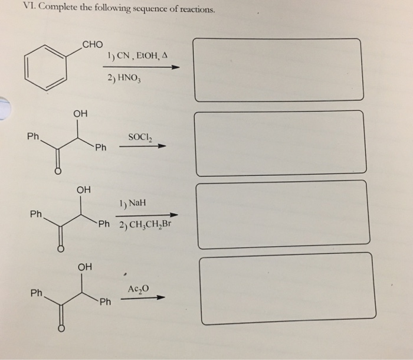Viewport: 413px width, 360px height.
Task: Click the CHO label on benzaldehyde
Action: click(93, 44)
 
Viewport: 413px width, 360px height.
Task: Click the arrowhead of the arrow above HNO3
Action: click(174, 67)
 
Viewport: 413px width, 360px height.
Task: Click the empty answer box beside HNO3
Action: click(285, 70)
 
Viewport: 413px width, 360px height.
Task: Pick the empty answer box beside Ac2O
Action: click(287, 288)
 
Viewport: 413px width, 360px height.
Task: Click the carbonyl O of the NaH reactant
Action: click(59, 249)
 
